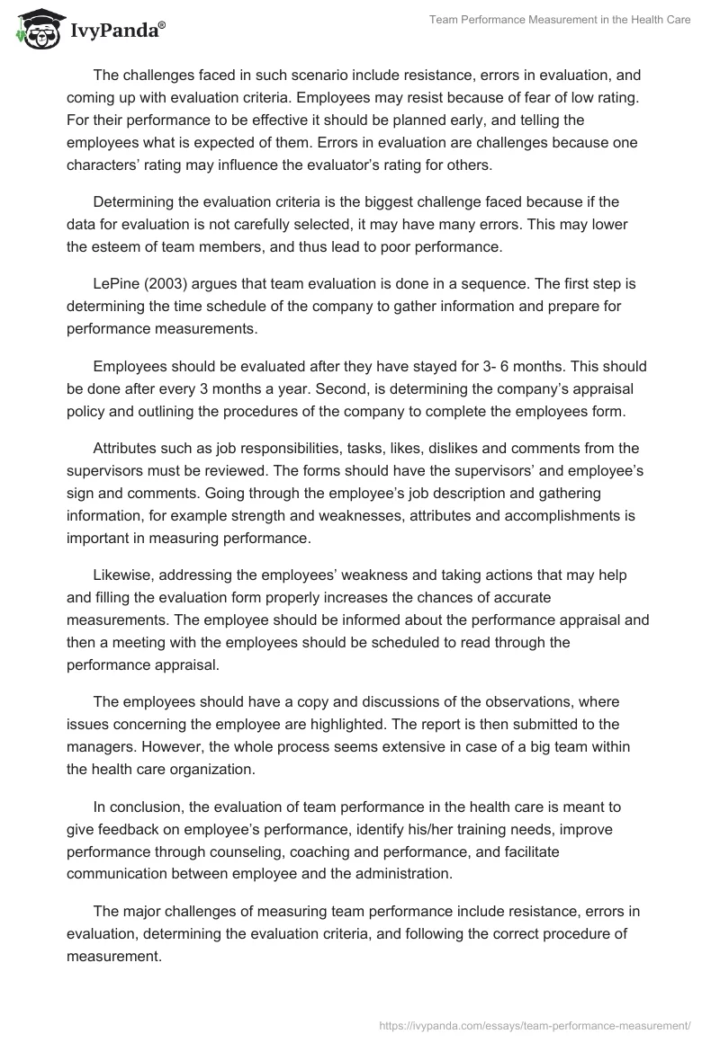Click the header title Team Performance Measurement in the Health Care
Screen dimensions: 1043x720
547,20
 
